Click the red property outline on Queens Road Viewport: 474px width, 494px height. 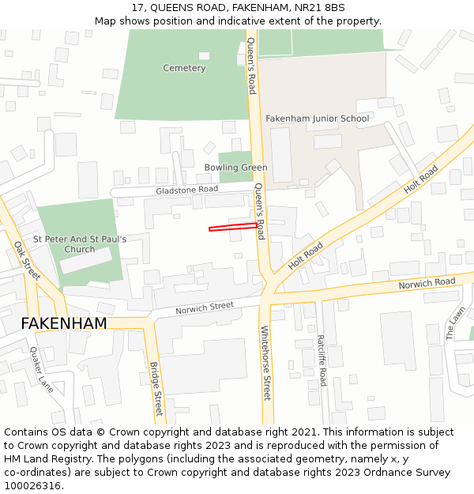click(233, 228)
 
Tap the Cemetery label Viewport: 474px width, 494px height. click(184, 68)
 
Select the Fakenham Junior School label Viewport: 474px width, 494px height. click(317, 119)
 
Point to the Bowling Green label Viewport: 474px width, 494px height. click(235, 168)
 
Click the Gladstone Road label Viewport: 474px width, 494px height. click(186, 190)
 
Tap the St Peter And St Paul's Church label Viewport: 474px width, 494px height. click(79, 243)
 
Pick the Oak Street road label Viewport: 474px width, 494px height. click(27, 261)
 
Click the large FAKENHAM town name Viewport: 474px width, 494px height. click(63, 323)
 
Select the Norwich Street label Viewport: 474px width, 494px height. click(205, 306)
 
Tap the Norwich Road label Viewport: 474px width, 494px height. click(427, 283)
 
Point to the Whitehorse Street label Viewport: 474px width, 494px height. click(265, 364)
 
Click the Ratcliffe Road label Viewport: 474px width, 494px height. click(322, 360)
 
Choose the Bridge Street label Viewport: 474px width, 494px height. click(156, 389)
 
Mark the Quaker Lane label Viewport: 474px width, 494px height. click(42, 370)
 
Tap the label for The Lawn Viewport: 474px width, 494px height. click(456, 323)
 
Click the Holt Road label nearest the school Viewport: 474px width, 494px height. click(421, 179)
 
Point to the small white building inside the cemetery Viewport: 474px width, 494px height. click(204, 55)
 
